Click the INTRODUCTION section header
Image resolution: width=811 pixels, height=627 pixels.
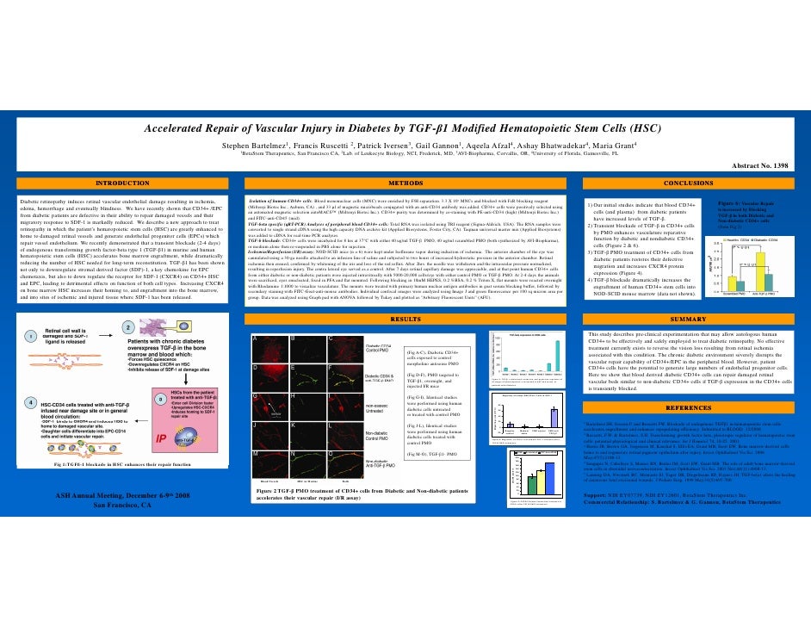121,183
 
